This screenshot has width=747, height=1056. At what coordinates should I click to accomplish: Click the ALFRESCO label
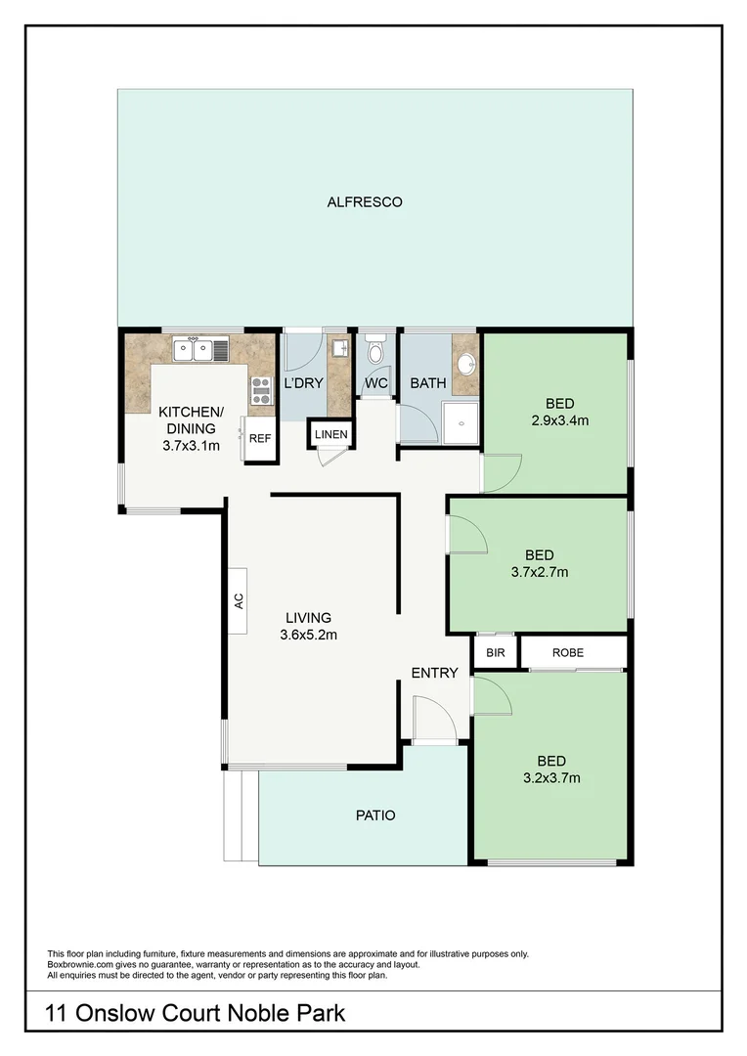[x=365, y=202]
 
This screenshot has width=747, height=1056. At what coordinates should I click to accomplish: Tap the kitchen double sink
[x=200, y=348]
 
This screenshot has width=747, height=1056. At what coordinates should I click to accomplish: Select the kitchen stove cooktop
[x=261, y=390]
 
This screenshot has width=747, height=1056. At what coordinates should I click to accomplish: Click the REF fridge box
[x=259, y=439]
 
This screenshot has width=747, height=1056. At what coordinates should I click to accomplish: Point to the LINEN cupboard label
[x=330, y=433]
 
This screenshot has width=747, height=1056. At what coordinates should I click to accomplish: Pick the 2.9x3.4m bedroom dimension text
[x=553, y=422]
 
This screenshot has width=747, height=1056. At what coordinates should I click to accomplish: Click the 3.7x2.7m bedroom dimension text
[x=539, y=572]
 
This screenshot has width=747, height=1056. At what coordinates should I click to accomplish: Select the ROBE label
[x=568, y=651]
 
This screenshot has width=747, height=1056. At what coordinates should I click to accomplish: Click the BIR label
[x=495, y=651]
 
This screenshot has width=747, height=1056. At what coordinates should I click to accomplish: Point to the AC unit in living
[x=238, y=600]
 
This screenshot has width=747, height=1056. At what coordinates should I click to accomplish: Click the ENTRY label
[x=434, y=673]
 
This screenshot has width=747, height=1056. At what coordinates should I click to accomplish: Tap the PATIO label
[x=374, y=814]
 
